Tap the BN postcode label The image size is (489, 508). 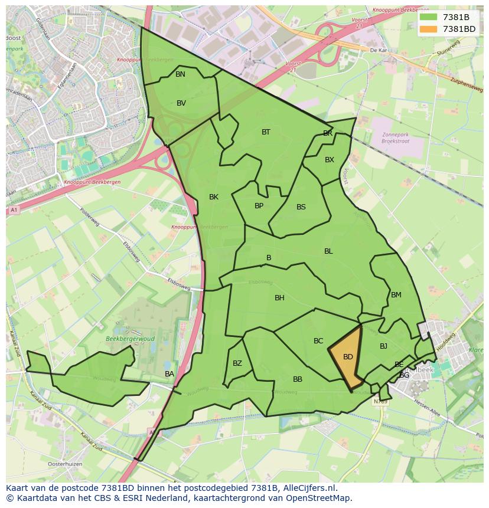tap(180, 74)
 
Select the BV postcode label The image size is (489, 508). tap(181, 103)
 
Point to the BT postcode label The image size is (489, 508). tap(266, 132)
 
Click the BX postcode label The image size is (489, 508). tap(330, 160)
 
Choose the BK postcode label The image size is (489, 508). tap(214, 197)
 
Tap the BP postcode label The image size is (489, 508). tap(259, 206)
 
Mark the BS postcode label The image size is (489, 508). tap(301, 207)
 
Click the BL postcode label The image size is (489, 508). tap(328, 251)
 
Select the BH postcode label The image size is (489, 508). tap(279, 298)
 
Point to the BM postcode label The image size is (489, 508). tap(396, 295)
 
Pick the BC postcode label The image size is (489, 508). tap(318, 341)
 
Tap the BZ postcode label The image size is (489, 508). tap(237, 363)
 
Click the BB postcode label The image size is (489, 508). tap(298, 379)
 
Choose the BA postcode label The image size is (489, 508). tap(169, 374)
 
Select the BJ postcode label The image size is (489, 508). tap(383, 346)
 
